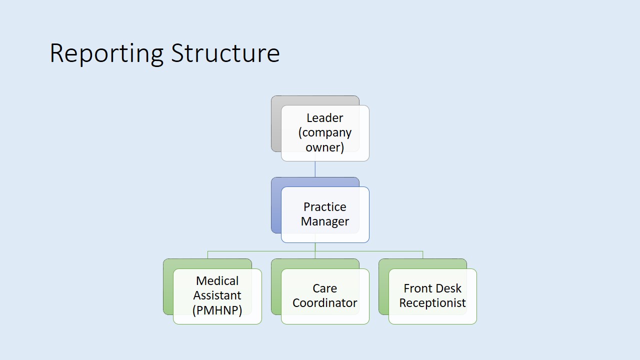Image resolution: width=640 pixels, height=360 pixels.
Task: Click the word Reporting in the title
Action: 106,54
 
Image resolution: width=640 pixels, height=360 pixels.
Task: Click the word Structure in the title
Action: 225,53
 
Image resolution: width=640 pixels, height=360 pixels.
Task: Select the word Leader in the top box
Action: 325,118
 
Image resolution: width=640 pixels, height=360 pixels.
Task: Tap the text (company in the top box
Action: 325,133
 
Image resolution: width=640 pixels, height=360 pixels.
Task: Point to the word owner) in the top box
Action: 325,147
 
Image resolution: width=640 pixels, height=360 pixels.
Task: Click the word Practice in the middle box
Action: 325,207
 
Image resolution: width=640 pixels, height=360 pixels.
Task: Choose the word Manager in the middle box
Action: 325,221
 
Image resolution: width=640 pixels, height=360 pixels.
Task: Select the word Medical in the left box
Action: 217,281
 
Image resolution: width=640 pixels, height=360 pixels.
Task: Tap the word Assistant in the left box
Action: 217,295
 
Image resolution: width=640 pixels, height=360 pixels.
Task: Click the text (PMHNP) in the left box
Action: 217,310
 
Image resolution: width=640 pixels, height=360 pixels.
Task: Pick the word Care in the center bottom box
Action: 325,288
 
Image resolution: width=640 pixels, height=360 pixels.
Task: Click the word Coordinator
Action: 325,303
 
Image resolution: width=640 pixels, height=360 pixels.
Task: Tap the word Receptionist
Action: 432,303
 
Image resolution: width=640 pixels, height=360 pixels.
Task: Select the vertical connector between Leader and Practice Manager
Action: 315,169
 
